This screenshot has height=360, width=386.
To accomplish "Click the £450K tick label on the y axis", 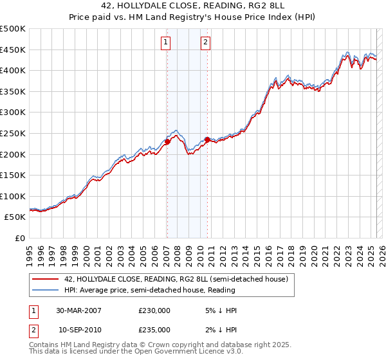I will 14,50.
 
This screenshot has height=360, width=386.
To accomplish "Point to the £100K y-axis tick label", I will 14,196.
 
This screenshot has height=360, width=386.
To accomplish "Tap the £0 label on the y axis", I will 21,238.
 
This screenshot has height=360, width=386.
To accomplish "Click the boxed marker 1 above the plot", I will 166,43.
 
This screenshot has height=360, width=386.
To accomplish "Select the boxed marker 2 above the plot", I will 206,43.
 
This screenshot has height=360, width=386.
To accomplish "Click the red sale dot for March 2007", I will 167,141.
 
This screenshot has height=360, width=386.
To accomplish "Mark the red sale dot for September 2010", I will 207,139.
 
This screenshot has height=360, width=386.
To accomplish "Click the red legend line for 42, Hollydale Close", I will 45,279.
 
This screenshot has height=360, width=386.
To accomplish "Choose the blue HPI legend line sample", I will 45,290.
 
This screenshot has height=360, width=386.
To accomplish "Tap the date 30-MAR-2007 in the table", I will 78,310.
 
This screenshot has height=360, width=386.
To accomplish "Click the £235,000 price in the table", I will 154,329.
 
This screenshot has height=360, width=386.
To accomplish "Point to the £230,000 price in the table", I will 154,310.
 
